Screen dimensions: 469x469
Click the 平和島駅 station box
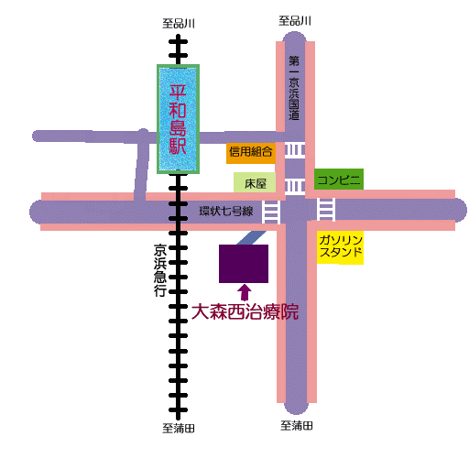(178, 119)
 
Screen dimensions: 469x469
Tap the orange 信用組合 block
(251, 152)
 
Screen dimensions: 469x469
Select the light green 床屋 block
(255, 182)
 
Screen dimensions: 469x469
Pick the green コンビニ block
(339, 179)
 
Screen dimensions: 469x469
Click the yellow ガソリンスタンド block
(340, 247)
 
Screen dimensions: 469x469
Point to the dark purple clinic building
(244, 264)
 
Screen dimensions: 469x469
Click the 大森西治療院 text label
(245, 311)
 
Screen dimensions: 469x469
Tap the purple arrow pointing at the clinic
(245, 292)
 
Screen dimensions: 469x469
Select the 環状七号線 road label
(226, 211)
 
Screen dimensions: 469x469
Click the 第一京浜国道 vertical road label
(294, 88)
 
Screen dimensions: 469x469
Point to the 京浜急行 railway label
(160, 270)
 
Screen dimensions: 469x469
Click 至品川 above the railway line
(179, 24)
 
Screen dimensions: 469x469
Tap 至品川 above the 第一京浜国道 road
(295, 21)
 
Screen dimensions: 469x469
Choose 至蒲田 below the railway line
(179, 429)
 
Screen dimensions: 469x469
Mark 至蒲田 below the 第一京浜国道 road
(297, 426)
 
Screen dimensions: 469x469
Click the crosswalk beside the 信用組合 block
(295, 150)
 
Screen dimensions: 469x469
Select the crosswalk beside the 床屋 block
(295, 186)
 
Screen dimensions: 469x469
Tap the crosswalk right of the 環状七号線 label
(271, 212)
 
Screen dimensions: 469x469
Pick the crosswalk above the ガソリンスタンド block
(326, 210)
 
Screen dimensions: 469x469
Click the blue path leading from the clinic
(252, 237)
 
